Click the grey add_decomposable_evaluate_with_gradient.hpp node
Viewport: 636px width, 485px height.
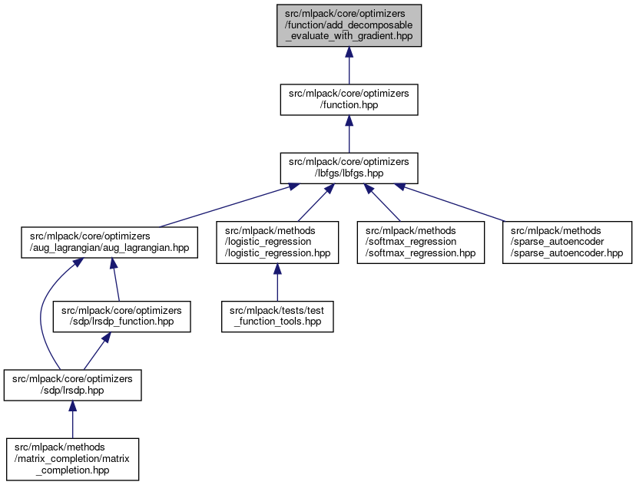pyautogui.click(x=349, y=25)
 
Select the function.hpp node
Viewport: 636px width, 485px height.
pyautogui.click(x=349, y=100)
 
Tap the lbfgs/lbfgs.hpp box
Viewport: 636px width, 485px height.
pyautogui.click(x=349, y=168)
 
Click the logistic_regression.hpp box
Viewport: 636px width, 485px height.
pyautogui.click(x=277, y=242)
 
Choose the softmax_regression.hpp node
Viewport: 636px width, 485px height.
pyautogui.click(x=420, y=242)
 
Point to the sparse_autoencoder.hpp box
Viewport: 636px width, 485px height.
pyautogui.click(x=567, y=242)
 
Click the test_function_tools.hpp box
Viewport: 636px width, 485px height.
pyautogui.click(x=277, y=315)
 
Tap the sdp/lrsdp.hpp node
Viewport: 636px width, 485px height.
pyautogui.click(x=72, y=385)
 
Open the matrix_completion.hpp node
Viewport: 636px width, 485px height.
pyautogui.click(x=72, y=459)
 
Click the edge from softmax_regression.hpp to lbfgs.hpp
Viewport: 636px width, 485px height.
pyautogui.click(x=389, y=203)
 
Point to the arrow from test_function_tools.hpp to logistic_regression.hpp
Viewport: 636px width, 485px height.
pyautogui.click(x=277, y=282)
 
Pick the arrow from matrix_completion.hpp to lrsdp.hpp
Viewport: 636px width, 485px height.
pyautogui.click(x=72, y=423)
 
